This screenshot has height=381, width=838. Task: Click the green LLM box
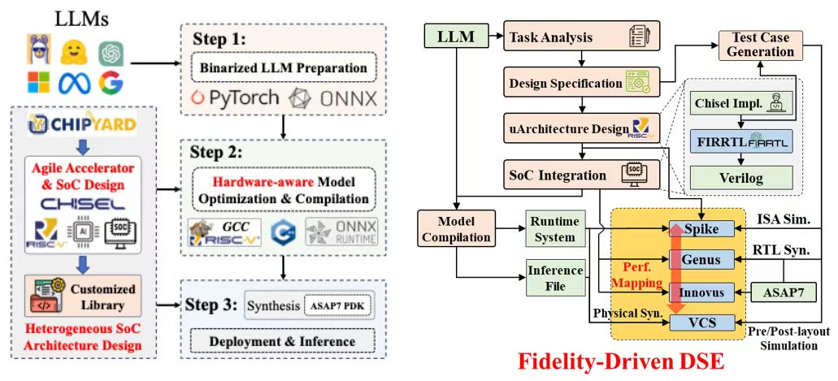tap(455, 37)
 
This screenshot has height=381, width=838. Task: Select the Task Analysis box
tap(581, 37)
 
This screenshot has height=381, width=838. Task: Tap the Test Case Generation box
tap(756, 45)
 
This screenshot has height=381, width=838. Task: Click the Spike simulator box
tap(701, 229)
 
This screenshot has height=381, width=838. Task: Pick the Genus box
tap(701, 260)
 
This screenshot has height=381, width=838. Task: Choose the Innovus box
tap(701, 292)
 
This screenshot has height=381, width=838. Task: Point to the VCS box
tap(701, 323)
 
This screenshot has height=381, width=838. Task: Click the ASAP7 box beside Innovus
tap(785, 292)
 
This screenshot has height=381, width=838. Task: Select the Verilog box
tap(740, 176)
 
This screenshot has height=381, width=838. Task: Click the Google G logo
tap(111, 82)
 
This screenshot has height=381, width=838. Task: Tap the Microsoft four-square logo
tap(38, 82)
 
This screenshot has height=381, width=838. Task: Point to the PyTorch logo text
tap(236, 97)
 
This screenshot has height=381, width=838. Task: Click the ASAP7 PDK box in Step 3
tap(337, 306)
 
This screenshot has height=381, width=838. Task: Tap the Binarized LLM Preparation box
tap(284, 68)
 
